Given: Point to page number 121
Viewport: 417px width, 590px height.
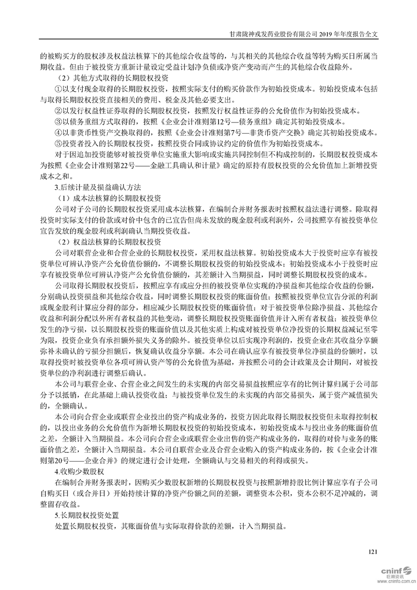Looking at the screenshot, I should point(373,552).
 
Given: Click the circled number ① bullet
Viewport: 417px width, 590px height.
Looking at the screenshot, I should point(58,89).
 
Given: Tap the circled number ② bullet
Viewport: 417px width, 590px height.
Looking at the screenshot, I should point(58,111).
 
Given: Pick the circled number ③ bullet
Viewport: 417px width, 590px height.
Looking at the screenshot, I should point(58,122).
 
